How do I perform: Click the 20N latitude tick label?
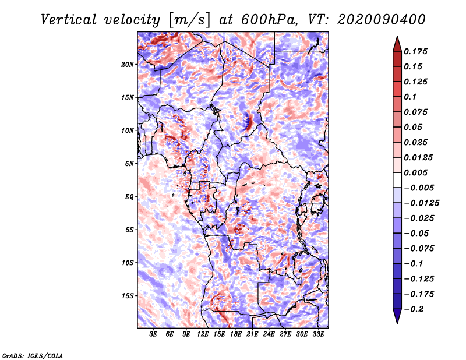(x=128, y=64)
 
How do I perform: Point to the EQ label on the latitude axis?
(x=130, y=197)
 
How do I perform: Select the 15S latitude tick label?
(x=128, y=296)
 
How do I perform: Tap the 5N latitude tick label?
(x=130, y=164)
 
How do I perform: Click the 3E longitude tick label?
(x=153, y=334)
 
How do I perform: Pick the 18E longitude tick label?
(x=236, y=334)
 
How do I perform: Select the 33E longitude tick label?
(x=318, y=334)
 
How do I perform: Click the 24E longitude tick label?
(x=269, y=334)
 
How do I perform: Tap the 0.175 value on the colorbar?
(x=417, y=51)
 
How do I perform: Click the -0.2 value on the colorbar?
(x=414, y=309)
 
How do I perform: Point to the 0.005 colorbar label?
(x=417, y=173)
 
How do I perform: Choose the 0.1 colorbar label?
(x=411, y=97)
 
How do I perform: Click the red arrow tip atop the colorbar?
(x=397, y=40)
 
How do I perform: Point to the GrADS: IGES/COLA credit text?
(x=32, y=355)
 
